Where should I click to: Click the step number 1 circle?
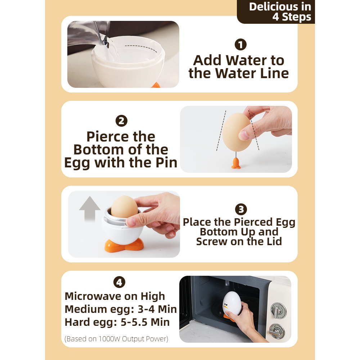coord(240,45)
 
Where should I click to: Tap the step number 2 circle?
coord(121,121)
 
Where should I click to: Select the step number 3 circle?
coord(241,209)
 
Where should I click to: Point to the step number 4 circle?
coord(120,282)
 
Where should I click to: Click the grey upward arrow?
coord(90,209)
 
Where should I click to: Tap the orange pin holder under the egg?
coord(236,163)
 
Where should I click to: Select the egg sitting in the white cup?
coord(125,207)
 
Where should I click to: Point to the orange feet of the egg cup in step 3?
coord(124,246)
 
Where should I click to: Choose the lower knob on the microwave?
coord(277,331)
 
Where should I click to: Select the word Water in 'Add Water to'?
coord(246,60)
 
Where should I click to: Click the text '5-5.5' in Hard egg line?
coord(134,322)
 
